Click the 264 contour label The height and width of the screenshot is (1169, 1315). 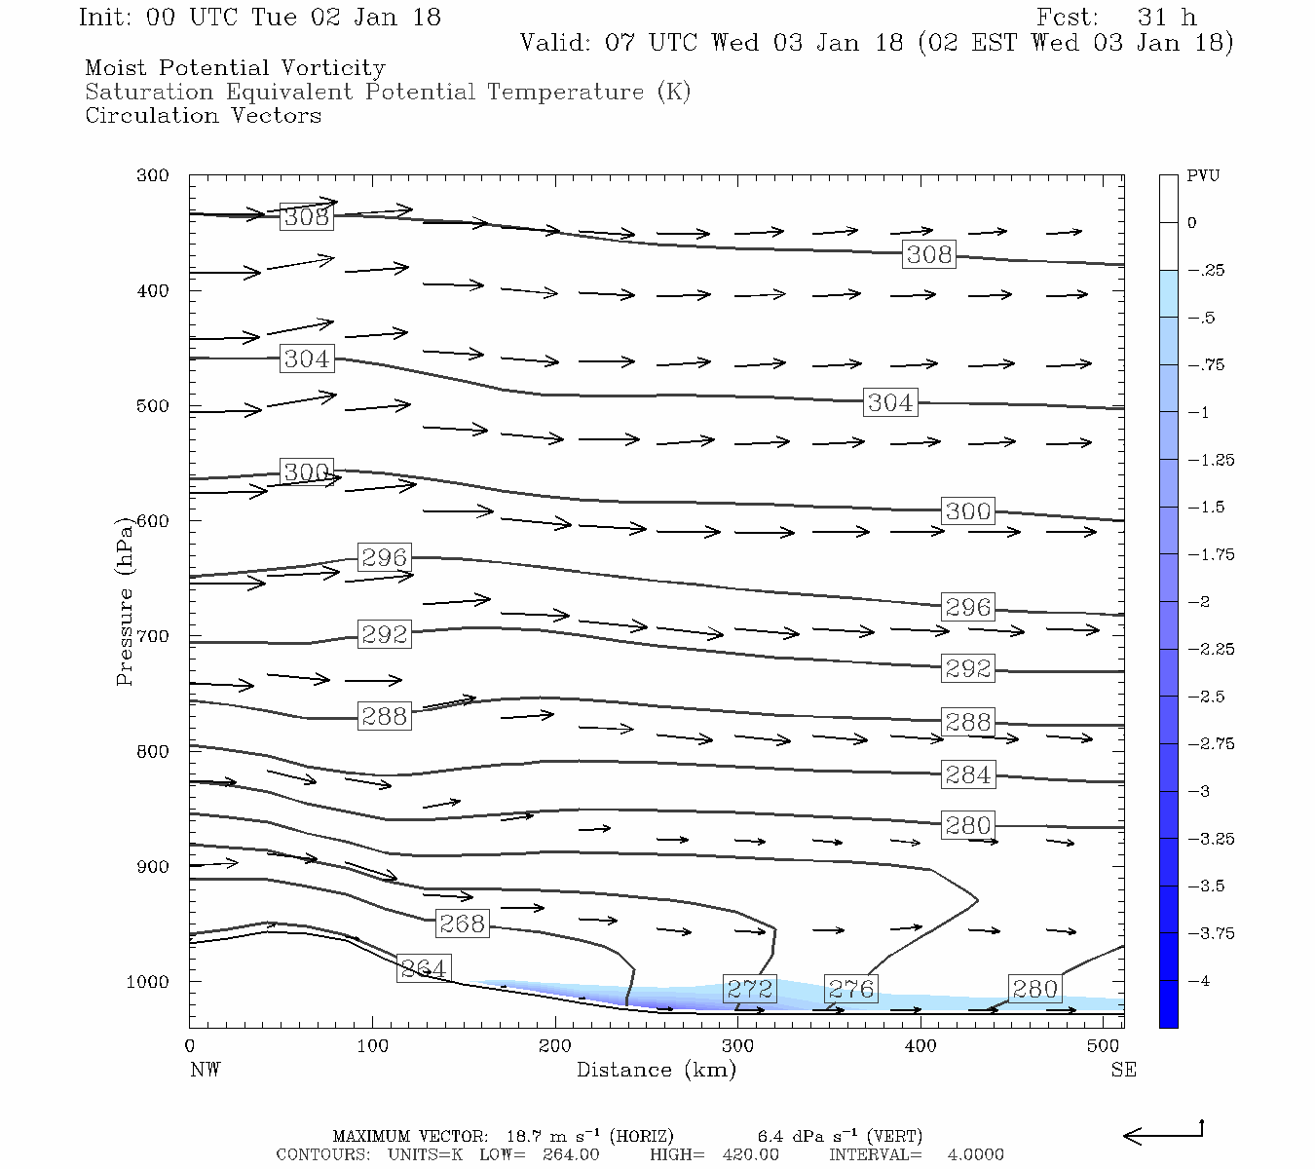click(424, 969)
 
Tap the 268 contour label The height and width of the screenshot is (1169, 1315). click(462, 924)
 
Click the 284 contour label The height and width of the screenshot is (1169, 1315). click(968, 775)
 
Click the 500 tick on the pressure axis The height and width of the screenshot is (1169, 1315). click(153, 406)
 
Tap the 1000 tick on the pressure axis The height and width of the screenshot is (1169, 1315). click(148, 982)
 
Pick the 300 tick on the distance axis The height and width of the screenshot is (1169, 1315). click(737, 1046)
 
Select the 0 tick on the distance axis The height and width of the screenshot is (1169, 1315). click(190, 1046)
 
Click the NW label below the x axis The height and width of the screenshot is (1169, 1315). click(205, 1070)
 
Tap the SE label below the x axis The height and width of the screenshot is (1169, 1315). click(1123, 1070)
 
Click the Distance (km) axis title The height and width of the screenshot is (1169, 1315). click(656, 1070)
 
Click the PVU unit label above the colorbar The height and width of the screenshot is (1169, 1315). click(1202, 176)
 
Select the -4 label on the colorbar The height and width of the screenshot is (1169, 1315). click(1199, 981)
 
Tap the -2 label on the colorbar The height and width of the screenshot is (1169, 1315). click(1199, 602)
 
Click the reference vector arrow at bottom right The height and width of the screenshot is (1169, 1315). click(1163, 1134)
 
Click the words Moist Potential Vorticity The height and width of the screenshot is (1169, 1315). click(235, 68)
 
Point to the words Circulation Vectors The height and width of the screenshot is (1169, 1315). click(203, 116)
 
